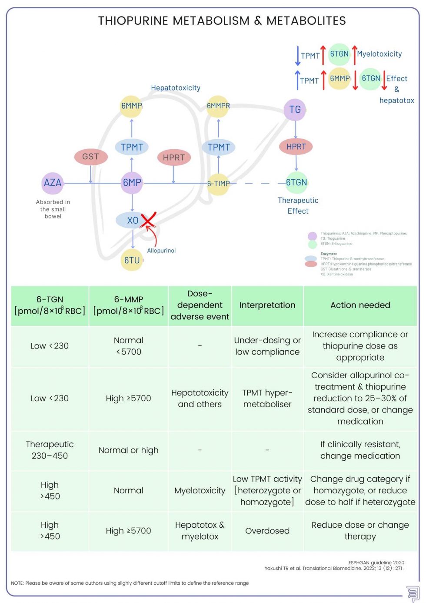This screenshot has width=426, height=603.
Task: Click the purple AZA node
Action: pyautogui.click(x=53, y=183)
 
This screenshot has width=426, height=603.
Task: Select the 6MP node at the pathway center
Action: pyautogui.click(x=132, y=183)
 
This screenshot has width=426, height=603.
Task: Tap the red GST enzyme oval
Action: pyautogui.click(x=91, y=157)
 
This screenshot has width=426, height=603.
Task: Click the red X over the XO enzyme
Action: pyautogui.click(x=148, y=220)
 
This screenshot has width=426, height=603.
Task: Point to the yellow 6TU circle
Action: pyautogui.click(x=132, y=260)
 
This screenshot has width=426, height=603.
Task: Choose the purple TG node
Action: pyautogui.click(x=295, y=110)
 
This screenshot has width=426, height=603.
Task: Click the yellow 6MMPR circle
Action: pyautogui.click(x=218, y=106)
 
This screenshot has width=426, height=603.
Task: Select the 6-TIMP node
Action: pyautogui.click(x=218, y=184)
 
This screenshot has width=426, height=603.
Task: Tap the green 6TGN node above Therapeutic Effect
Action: pyautogui.click(x=296, y=183)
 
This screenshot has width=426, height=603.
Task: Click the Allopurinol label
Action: pyautogui.click(x=161, y=251)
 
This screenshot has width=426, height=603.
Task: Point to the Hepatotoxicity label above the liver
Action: pyautogui.click(x=176, y=88)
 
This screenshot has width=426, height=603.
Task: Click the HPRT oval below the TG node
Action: pyautogui.click(x=296, y=147)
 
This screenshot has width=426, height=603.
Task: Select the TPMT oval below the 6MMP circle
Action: pyautogui.click(x=132, y=147)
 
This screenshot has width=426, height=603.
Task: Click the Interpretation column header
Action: pyautogui.click(x=267, y=305)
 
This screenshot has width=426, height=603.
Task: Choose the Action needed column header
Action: pyautogui.click(x=360, y=305)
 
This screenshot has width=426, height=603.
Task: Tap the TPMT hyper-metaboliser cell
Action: pyautogui.click(x=267, y=399)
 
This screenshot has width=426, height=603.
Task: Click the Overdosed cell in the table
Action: pyautogui.click(x=267, y=531)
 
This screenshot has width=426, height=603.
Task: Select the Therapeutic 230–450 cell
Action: pyautogui.click(x=50, y=450)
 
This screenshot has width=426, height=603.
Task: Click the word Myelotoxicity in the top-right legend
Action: pyautogui.click(x=379, y=54)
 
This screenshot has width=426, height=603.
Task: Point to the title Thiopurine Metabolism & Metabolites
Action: pyautogui.click(x=222, y=20)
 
